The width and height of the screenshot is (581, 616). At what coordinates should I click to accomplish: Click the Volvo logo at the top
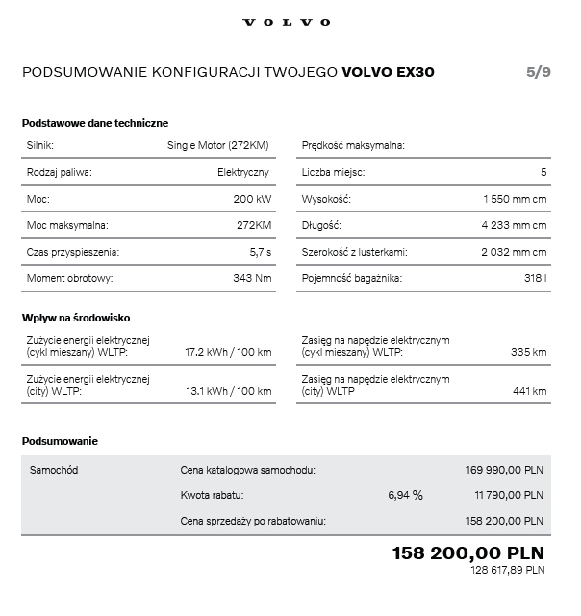click(286, 22)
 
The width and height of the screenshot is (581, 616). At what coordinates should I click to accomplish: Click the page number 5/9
click(539, 72)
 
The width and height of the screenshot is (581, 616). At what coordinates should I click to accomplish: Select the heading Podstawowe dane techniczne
click(95, 123)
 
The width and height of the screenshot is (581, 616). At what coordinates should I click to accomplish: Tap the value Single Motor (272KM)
click(218, 145)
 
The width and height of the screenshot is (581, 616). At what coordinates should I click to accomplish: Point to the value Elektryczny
click(243, 172)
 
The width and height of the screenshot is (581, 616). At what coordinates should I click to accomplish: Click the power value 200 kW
click(251, 199)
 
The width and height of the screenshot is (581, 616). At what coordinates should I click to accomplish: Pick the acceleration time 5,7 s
click(260, 252)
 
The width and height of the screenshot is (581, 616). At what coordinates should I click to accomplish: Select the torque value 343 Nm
click(252, 278)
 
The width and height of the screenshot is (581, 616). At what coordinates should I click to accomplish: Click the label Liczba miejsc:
click(333, 172)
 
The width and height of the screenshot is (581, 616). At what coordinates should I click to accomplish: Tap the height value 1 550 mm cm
click(514, 199)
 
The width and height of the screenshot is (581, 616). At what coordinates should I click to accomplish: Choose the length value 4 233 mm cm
click(514, 225)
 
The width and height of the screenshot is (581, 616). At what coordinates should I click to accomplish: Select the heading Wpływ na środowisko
click(76, 318)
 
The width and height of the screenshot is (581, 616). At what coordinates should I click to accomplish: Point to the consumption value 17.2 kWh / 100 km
click(228, 352)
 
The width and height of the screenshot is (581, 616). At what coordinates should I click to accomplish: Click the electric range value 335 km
click(528, 352)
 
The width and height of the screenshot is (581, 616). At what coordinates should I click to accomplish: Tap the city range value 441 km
click(529, 391)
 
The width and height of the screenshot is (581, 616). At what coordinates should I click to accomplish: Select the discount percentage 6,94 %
click(405, 495)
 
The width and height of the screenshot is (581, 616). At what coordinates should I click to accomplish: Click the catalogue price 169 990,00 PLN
click(505, 470)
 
